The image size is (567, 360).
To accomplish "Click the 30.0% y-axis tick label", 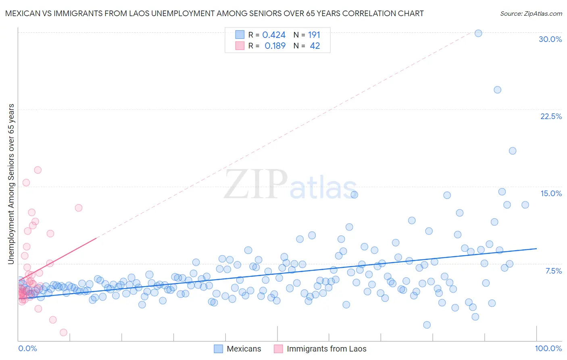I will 550,39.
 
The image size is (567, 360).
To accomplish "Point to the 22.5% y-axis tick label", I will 551,116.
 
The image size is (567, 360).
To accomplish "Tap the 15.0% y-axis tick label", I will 551,193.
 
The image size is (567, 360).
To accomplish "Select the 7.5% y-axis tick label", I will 553,271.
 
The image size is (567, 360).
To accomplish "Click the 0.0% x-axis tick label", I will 27,348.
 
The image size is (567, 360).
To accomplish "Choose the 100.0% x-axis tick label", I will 548,348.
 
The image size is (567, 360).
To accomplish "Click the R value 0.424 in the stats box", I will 274,35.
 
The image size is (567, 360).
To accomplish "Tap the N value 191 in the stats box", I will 314,35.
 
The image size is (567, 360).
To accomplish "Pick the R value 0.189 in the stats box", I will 275,46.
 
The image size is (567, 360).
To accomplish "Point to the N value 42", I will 315,46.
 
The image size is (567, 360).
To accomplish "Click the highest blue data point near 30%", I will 478,33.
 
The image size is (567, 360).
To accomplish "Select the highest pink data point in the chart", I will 38,170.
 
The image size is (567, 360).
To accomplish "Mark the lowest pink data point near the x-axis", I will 63,333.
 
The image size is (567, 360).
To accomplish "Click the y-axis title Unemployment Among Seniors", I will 11,184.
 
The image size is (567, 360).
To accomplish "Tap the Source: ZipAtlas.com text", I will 531,14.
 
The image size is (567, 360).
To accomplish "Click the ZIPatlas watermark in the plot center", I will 290,184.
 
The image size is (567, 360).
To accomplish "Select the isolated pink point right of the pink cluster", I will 79,208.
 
